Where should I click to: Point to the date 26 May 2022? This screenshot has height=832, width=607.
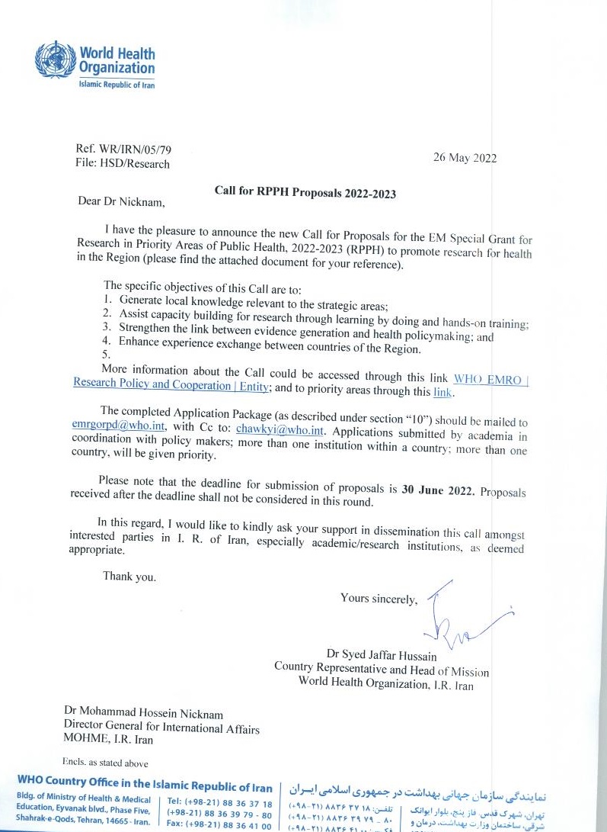(x=465, y=159)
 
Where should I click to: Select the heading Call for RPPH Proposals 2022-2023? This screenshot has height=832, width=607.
(x=305, y=193)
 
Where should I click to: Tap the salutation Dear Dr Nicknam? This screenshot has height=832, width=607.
(x=120, y=202)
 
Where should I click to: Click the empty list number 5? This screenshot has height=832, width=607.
(x=106, y=355)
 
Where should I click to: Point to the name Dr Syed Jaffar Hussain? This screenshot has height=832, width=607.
(x=382, y=654)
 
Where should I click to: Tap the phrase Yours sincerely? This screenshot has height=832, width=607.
(x=379, y=599)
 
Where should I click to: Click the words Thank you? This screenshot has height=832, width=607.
(x=129, y=577)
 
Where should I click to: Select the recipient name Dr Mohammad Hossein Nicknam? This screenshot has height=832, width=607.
(x=144, y=715)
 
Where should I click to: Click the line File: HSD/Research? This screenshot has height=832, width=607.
(x=123, y=164)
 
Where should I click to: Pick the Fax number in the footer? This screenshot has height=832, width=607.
(x=218, y=825)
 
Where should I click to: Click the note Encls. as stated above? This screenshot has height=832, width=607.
(x=105, y=762)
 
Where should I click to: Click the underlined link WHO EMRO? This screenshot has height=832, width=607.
(x=490, y=377)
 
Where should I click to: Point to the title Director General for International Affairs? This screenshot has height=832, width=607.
(x=161, y=728)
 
